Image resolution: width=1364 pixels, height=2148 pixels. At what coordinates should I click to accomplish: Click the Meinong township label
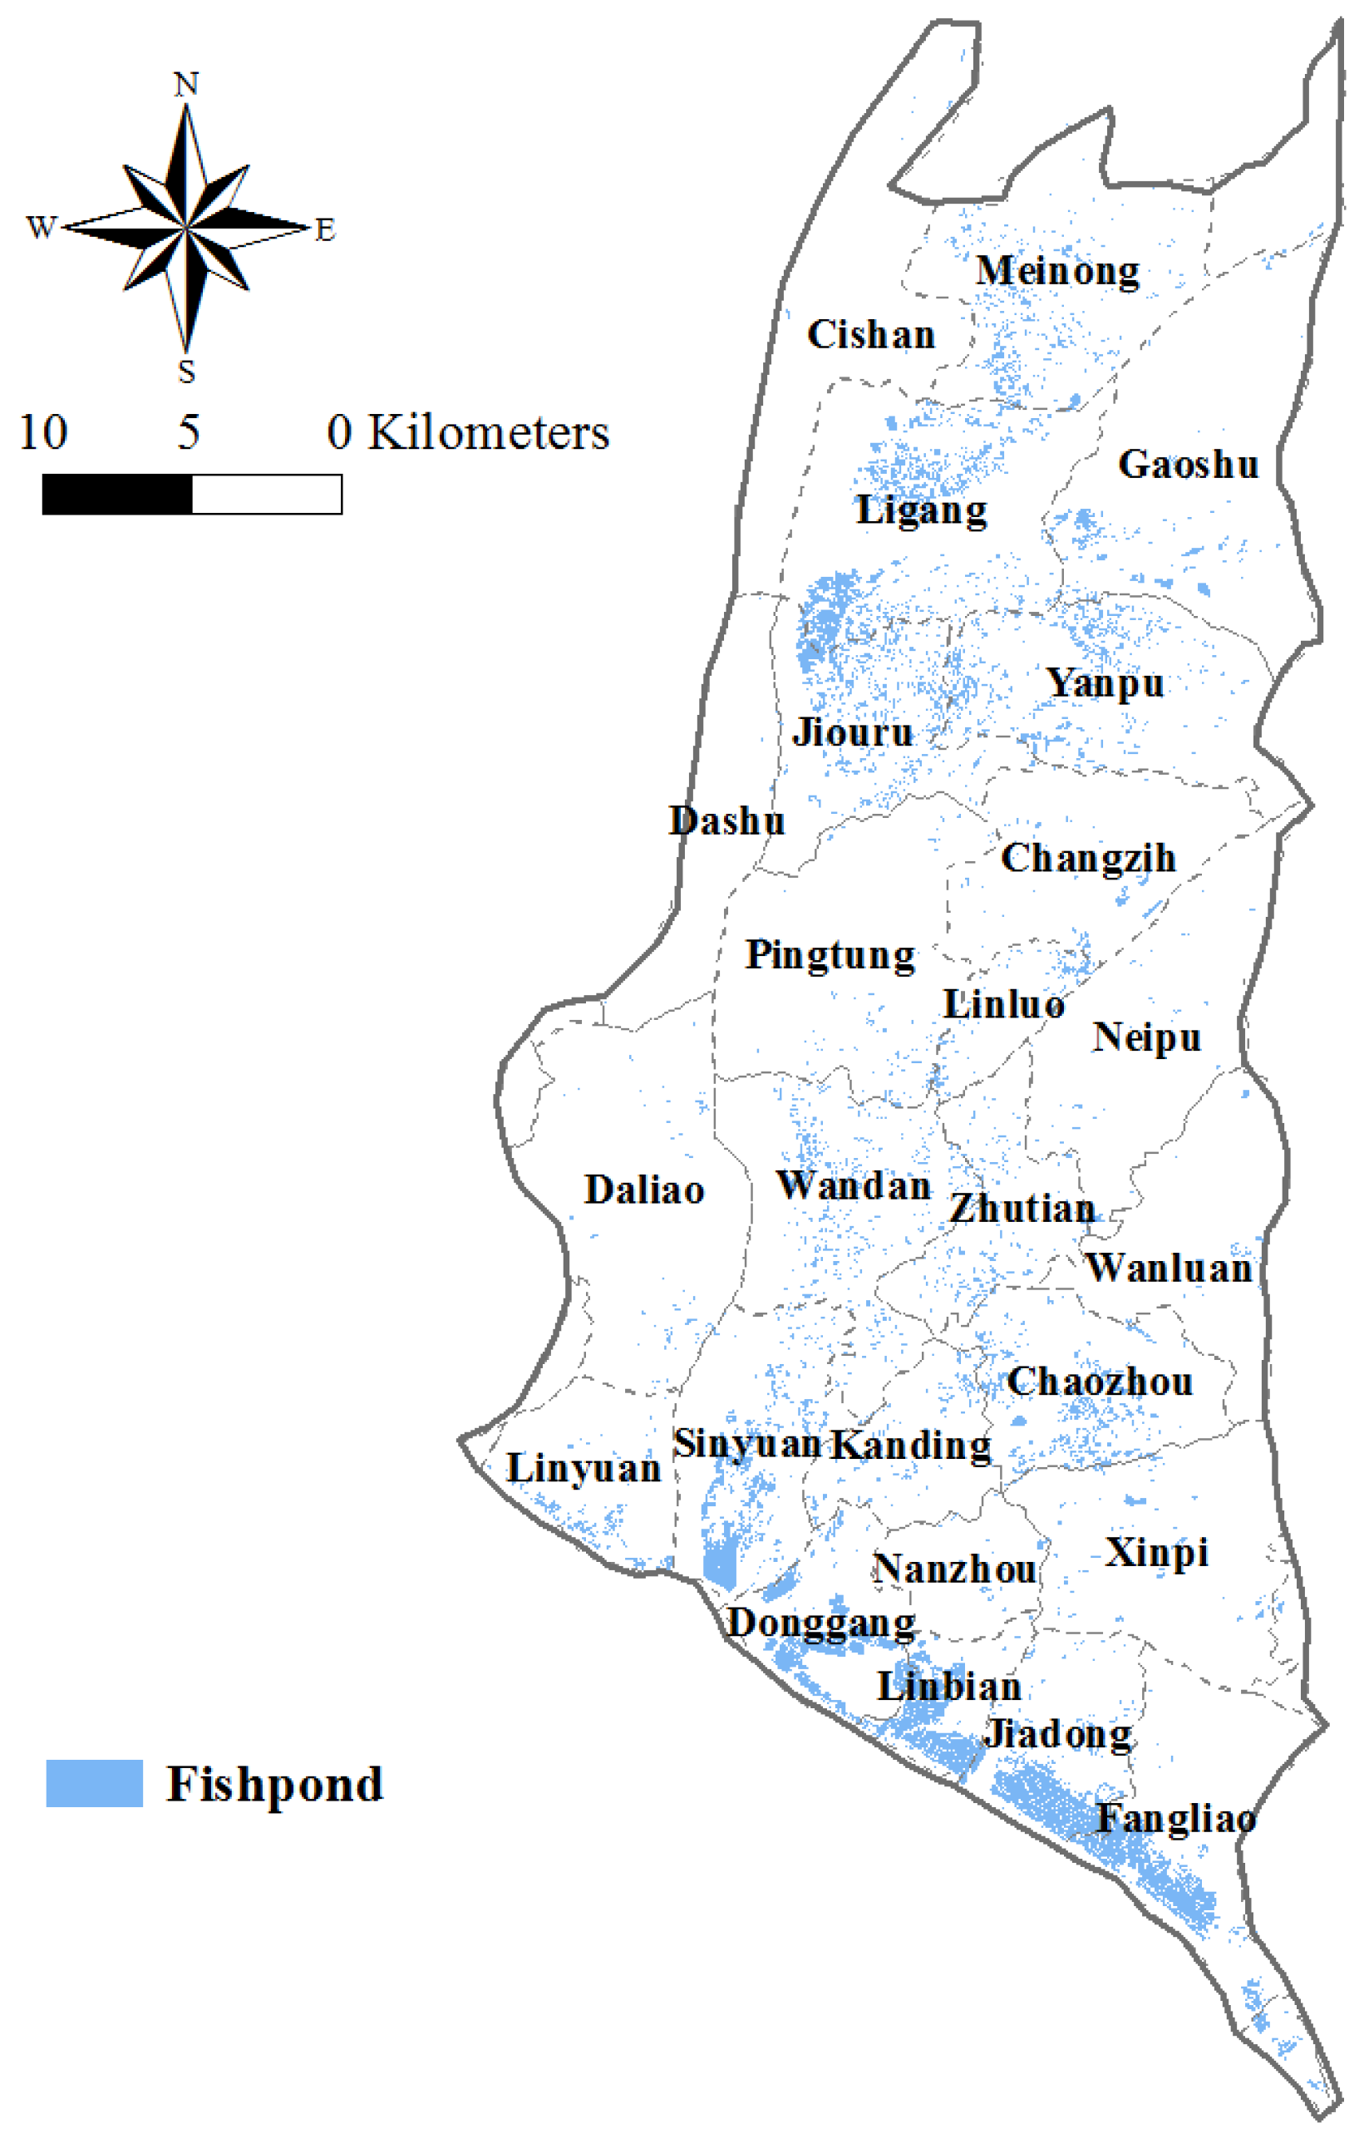coord(1057,270)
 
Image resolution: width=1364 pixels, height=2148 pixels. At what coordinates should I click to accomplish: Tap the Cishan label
coord(870,334)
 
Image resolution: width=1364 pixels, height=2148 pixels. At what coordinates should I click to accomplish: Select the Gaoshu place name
coord(1189,464)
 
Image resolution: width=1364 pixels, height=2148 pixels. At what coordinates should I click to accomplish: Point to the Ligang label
coord(922,511)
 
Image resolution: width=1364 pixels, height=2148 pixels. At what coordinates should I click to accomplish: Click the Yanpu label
coord(1105,684)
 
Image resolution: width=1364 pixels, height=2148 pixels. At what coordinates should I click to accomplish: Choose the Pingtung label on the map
coord(830,955)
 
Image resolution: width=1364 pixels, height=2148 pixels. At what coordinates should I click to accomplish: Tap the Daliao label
coord(644,1190)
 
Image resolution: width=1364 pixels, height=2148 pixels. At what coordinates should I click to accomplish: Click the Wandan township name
coord(854,1185)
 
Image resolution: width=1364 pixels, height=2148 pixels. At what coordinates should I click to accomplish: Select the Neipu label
coord(1147,1037)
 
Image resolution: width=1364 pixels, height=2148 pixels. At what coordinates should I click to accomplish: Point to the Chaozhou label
coord(1100,1382)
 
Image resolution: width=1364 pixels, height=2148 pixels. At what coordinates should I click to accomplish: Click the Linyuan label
coord(584,1468)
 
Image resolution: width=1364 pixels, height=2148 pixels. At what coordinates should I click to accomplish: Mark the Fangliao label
coord(1176,1819)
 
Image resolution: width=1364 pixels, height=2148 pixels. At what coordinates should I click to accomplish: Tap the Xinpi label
coord(1157,1553)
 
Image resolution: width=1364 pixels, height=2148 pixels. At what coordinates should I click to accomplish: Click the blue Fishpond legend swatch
coord(94,1783)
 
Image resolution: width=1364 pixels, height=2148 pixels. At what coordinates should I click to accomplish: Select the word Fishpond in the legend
coord(275,1784)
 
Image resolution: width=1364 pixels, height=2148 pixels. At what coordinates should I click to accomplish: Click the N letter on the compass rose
coord(185,85)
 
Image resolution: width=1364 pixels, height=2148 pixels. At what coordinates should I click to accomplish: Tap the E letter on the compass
coord(325,230)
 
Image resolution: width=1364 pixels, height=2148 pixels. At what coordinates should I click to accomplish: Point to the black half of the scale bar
coord(117,494)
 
